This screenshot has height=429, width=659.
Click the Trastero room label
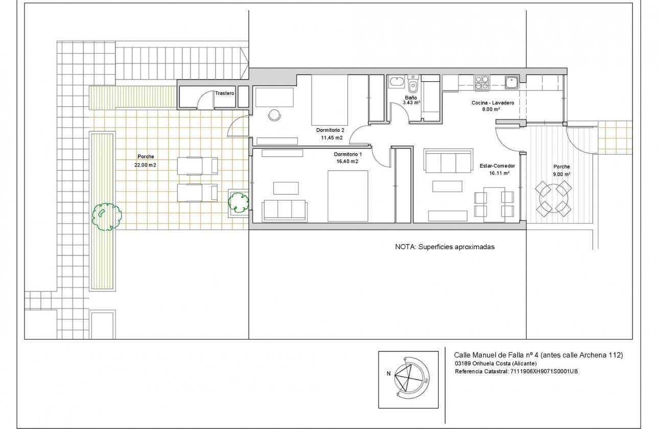(x=224, y=94)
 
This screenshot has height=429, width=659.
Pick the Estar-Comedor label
(x=497, y=166)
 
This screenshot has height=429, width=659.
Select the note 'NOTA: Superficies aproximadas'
(x=444, y=246)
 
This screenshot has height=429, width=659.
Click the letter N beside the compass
(x=389, y=373)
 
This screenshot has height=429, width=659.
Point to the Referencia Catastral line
(x=516, y=371)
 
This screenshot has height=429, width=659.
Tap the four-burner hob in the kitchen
(x=482, y=83)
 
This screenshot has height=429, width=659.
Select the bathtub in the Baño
(x=396, y=82)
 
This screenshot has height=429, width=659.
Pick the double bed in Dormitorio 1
(x=347, y=196)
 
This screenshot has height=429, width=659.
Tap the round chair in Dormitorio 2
(x=274, y=115)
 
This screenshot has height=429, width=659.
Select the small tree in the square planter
(x=238, y=202)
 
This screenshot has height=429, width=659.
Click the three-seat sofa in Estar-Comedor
(x=449, y=162)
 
